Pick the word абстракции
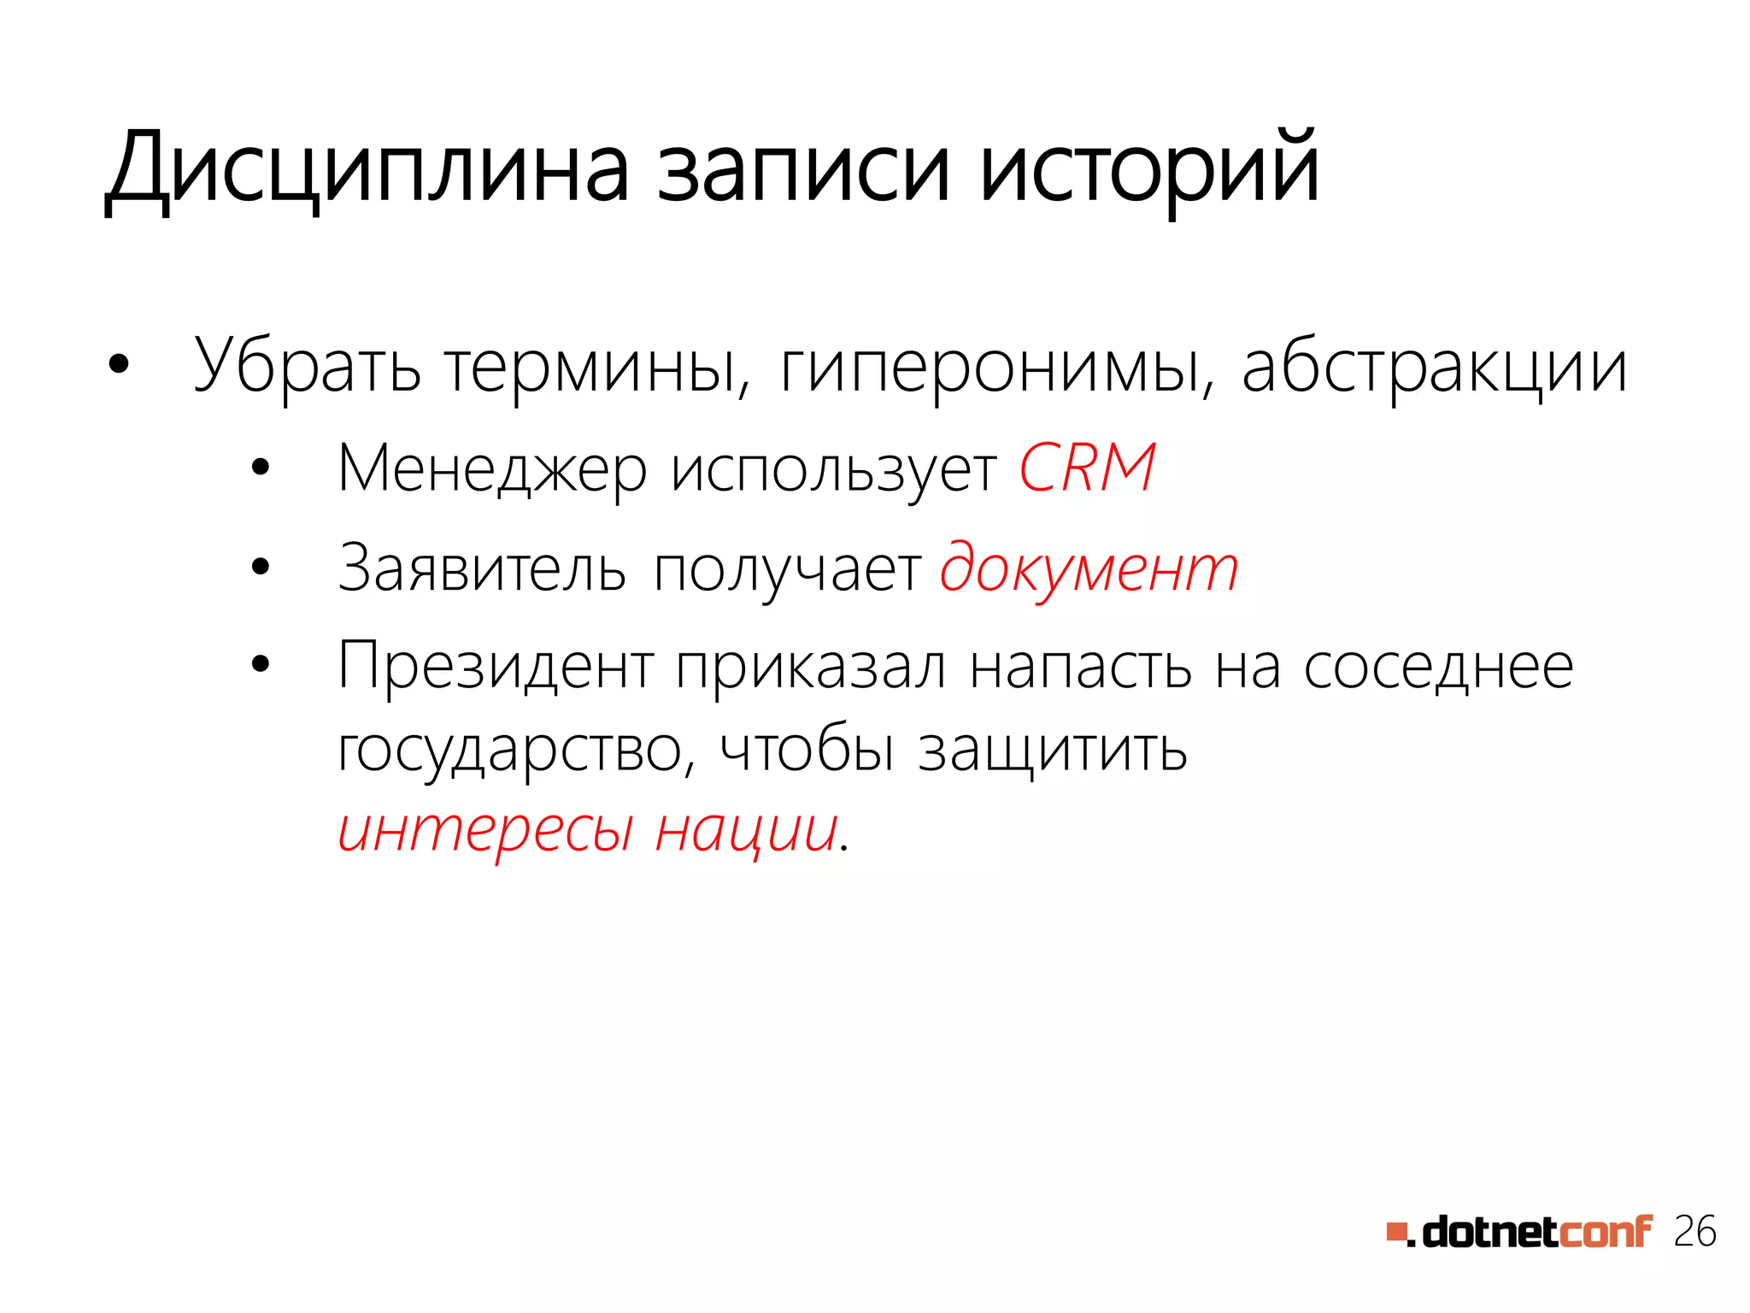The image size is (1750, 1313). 1434,368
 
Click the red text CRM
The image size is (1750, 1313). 1087,468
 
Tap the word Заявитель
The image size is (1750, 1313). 482,568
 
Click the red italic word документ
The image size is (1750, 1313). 1089,568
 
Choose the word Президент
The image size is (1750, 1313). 496,667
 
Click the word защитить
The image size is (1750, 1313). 1053,750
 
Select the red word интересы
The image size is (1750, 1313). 485,830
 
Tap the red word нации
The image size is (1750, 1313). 745,830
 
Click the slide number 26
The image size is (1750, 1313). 1694,1232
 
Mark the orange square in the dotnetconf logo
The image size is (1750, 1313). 1396,1232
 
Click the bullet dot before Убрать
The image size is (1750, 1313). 119,366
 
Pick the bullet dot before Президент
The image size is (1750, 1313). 261,664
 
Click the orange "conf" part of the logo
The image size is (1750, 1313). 1606,1232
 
